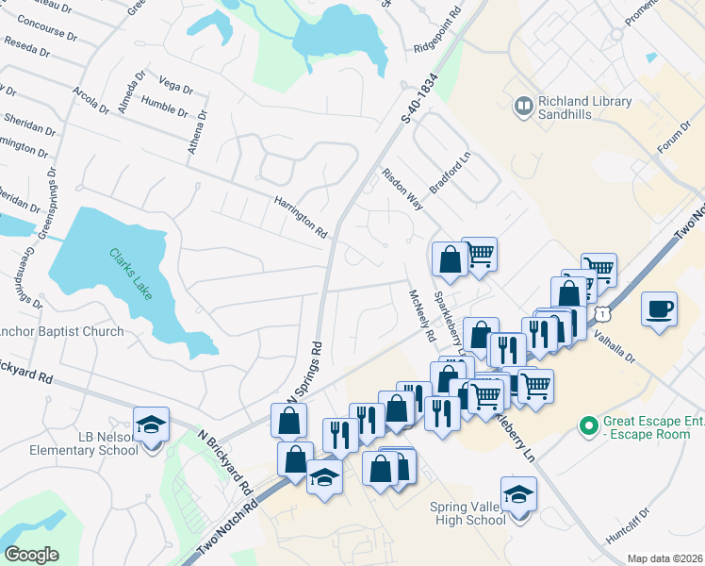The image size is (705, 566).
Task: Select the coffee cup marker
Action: click(x=660, y=308)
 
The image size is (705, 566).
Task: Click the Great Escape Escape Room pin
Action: click(x=590, y=426)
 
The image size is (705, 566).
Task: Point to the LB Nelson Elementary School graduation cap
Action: click(x=150, y=424)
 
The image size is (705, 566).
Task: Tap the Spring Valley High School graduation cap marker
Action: click(x=517, y=493)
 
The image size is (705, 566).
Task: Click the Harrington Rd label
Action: click(x=300, y=216)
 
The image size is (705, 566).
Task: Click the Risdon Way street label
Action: click(x=402, y=189)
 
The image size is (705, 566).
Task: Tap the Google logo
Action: click(x=31, y=555)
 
